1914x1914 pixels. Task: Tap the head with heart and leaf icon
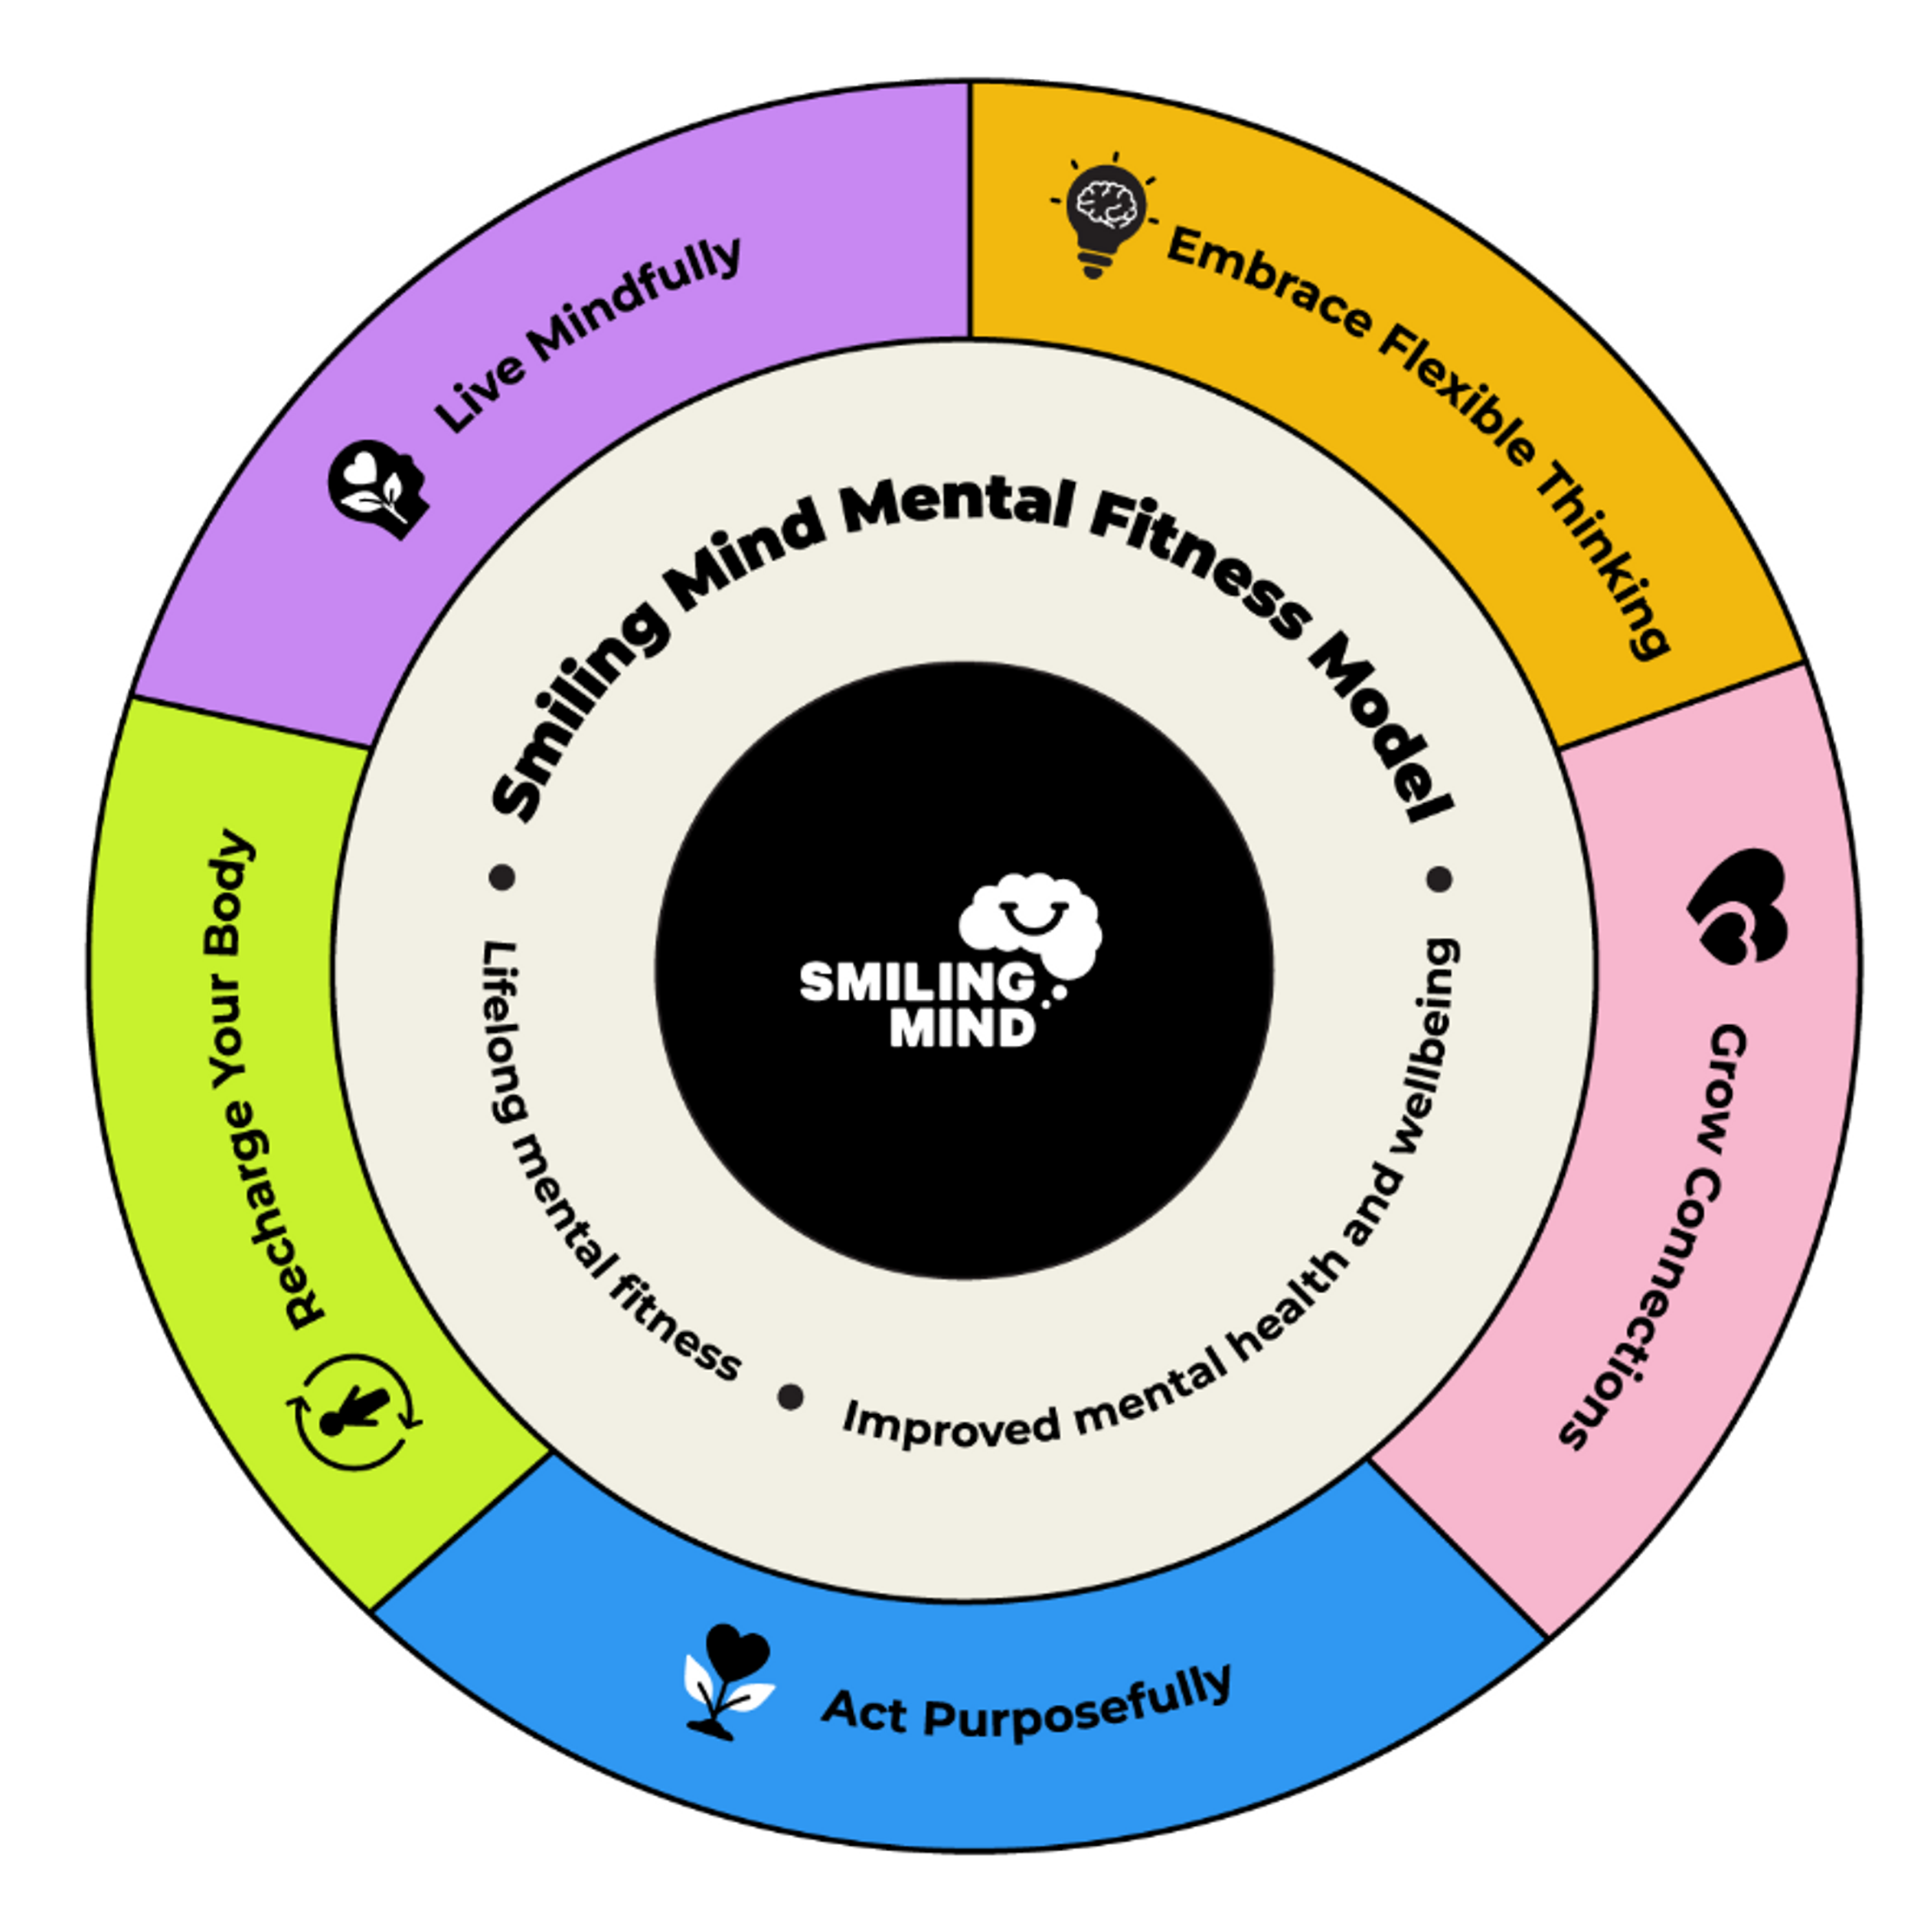pos(377,488)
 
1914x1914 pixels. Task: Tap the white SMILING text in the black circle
pos(916,983)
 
